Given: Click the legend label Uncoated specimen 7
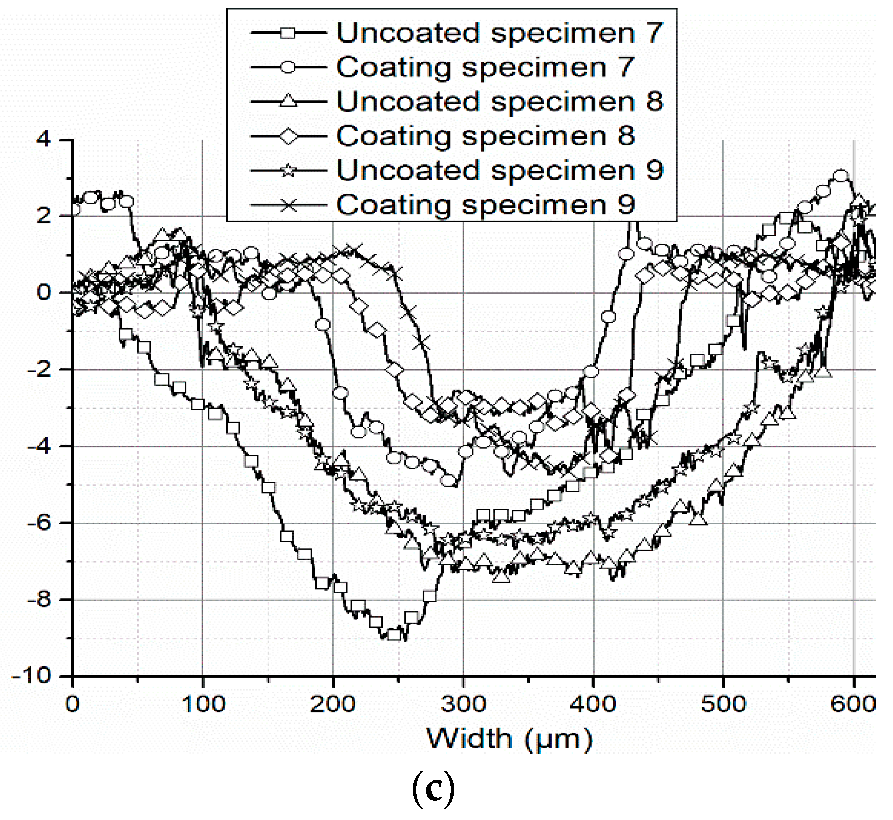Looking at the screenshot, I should pyautogui.click(x=499, y=33).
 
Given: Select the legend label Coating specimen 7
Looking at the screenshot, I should pyautogui.click(x=485, y=67).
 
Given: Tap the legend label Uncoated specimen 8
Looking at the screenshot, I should pyautogui.click(x=499, y=102).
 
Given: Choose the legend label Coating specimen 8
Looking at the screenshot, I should pyautogui.click(x=485, y=136).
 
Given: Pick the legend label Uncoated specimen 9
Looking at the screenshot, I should pyautogui.click(x=499, y=171).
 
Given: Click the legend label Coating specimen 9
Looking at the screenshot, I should pyautogui.click(x=485, y=205).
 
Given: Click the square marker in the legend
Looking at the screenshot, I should pyautogui.click(x=288, y=33).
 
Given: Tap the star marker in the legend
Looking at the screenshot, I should pyautogui.click(x=288, y=171).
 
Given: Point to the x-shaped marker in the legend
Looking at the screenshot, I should pyautogui.click(x=288, y=205).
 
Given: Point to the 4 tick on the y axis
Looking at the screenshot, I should pyautogui.click(x=44, y=139).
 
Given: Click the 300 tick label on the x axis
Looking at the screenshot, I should pyautogui.click(x=463, y=704).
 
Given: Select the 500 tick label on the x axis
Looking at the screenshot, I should pyautogui.click(x=723, y=704).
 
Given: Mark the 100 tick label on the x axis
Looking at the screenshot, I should pyautogui.click(x=203, y=704).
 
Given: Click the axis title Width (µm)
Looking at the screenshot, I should pyautogui.click(x=509, y=739).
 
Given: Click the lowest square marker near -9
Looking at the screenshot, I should pyautogui.click(x=394, y=635).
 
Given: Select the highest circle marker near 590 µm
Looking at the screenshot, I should pyautogui.click(x=841, y=176).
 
